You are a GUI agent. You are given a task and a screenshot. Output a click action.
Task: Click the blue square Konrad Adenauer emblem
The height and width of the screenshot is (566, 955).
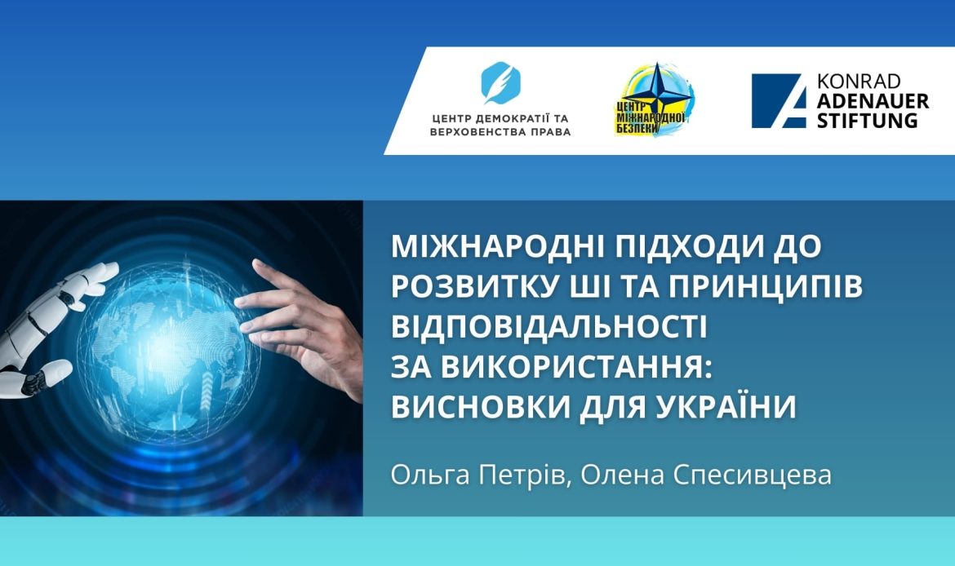pyautogui.click(x=777, y=100)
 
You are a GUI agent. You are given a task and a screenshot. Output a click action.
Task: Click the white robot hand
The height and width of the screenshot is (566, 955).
pyautogui.click(x=49, y=326)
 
